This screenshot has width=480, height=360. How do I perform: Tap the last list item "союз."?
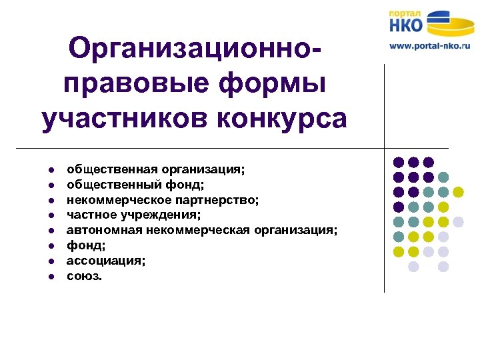coord(85,276)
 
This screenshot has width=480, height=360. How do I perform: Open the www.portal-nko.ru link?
coord(429,46)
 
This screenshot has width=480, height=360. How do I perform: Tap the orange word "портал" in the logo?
coord(405,13)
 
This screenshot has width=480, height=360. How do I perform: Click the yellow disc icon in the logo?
coord(451,24)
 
